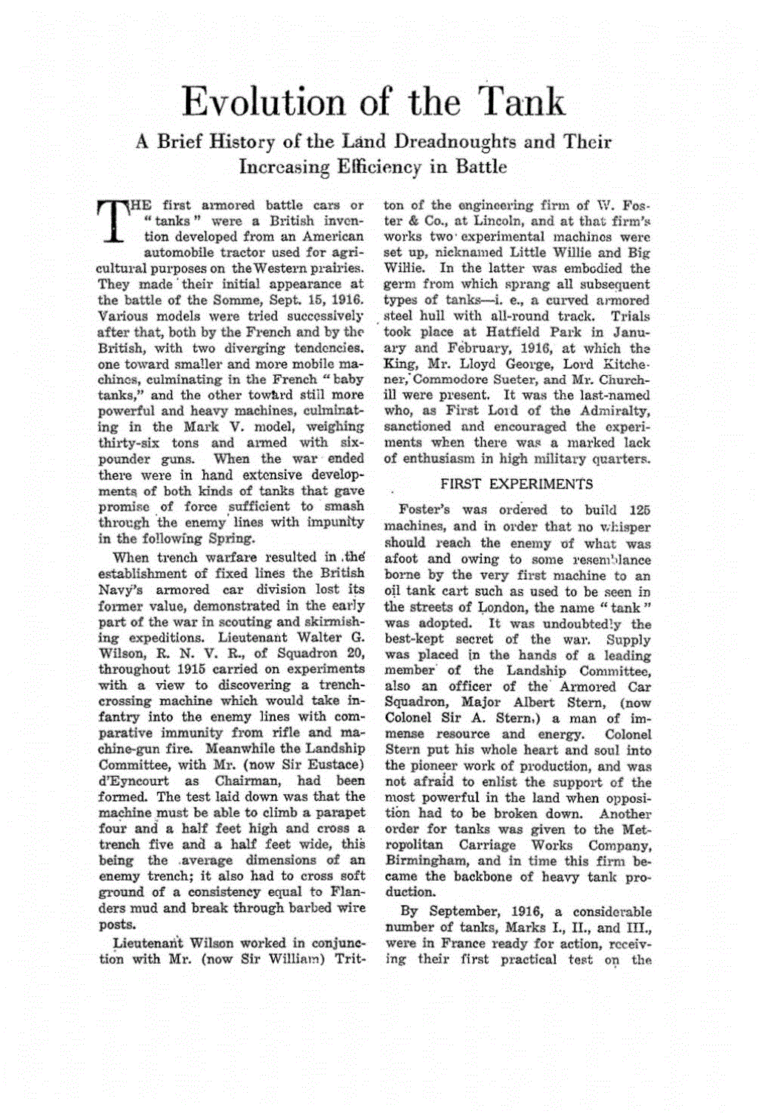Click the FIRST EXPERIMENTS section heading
pyautogui.click(x=517, y=485)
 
